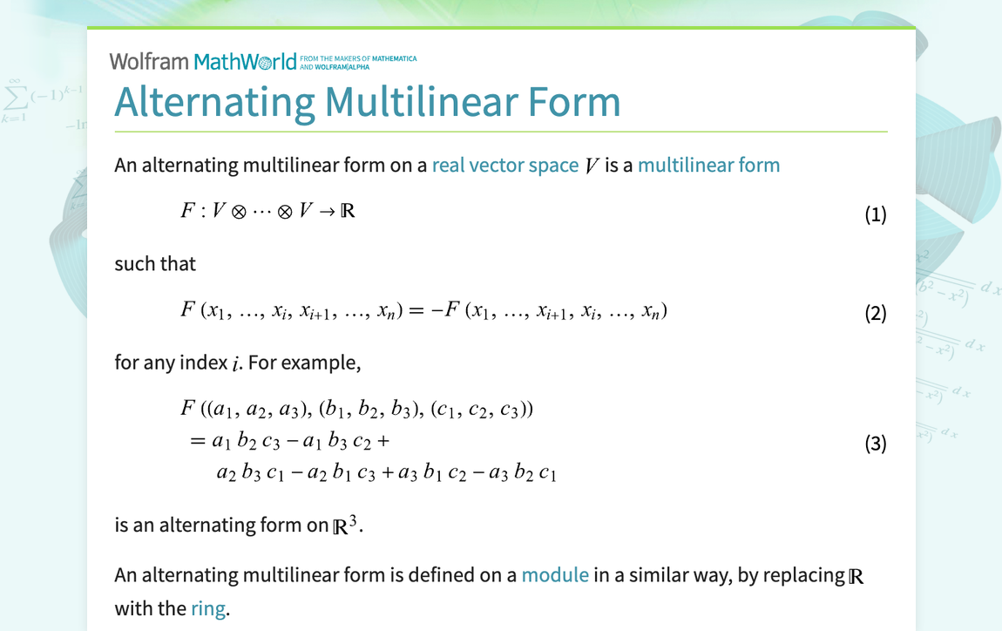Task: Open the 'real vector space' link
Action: [x=504, y=165]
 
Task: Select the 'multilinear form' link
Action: [x=708, y=165]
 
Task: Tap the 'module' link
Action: [x=555, y=575]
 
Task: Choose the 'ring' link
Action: [x=208, y=607]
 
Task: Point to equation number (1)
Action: [x=875, y=214]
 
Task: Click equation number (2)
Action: [x=875, y=313]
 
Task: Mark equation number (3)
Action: [x=875, y=444]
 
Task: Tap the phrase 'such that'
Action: [x=155, y=263]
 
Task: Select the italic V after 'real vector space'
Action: [x=592, y=166]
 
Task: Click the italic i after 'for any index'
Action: [x=235, y=363]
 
